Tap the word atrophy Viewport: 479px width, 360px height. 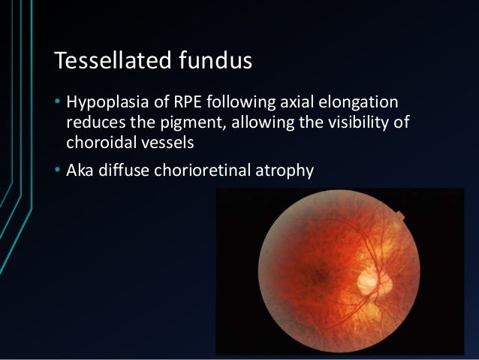point(285,171)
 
